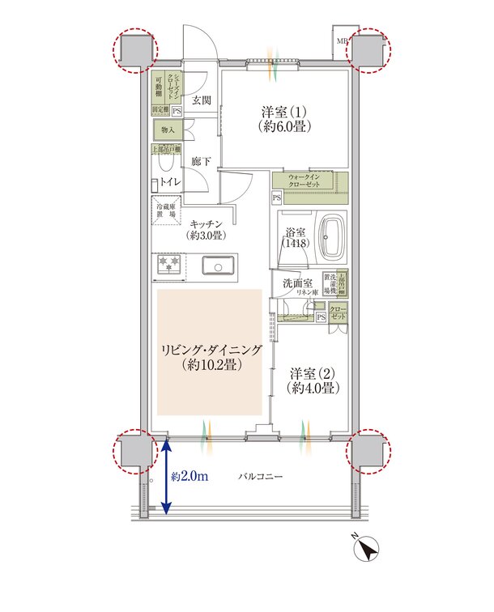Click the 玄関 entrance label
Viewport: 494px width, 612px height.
click(x=202, y=100)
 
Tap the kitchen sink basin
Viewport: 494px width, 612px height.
click(x=217, y=266)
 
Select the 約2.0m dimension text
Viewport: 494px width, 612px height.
click(x=190, y=477)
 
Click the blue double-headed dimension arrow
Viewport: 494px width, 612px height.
click(x=165, y=477)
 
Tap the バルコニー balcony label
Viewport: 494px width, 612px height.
click(x=262, y=478)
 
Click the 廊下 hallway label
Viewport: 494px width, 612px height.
click(x=202, y=162)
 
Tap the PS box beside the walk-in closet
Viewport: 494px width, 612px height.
click(x=277, y=198)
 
